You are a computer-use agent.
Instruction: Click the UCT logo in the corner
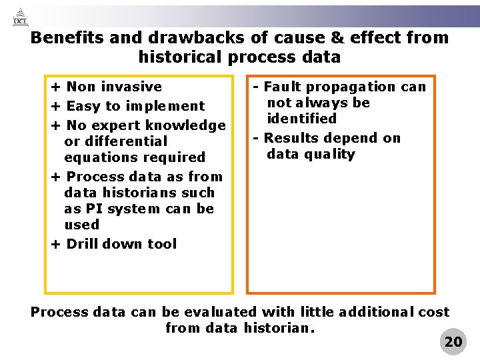(21, 17)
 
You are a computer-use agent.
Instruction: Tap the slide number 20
(453, 342)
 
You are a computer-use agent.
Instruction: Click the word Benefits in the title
(65, 38)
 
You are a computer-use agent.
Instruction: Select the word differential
(116, 141)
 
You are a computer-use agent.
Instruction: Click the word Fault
(282, 87)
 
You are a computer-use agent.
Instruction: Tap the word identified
(301, 119)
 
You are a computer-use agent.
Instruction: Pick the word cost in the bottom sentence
(434, 312)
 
